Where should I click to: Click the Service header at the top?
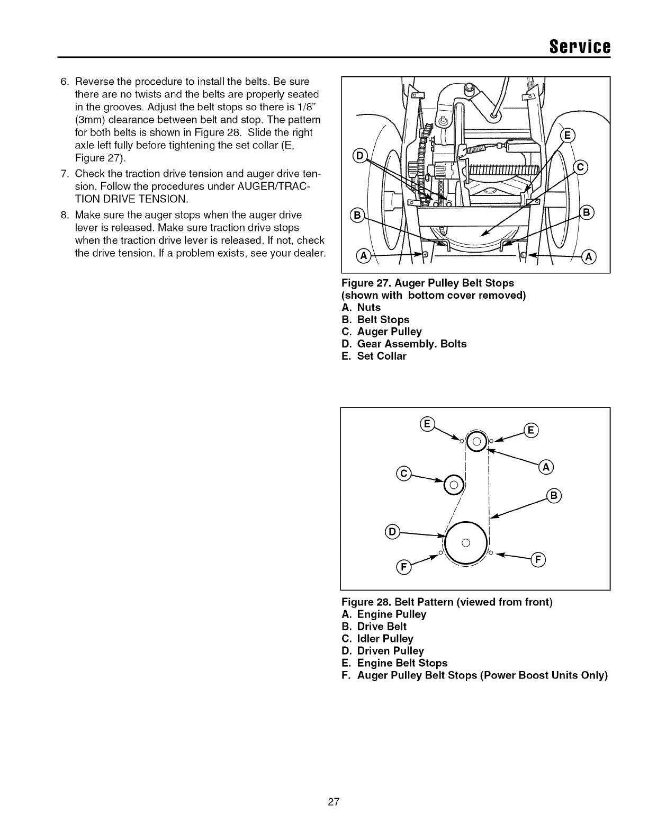click(x=581, y=46)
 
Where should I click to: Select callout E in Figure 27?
click(x=567, y=136)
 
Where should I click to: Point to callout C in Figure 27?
click(x=580, y=168)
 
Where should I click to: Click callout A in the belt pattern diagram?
click(x=545, y=467)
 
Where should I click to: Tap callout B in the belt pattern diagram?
click(x=554, y=496)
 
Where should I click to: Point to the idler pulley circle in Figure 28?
click(x=454, y=484)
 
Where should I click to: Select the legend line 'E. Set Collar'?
click(x=374, y=356)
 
